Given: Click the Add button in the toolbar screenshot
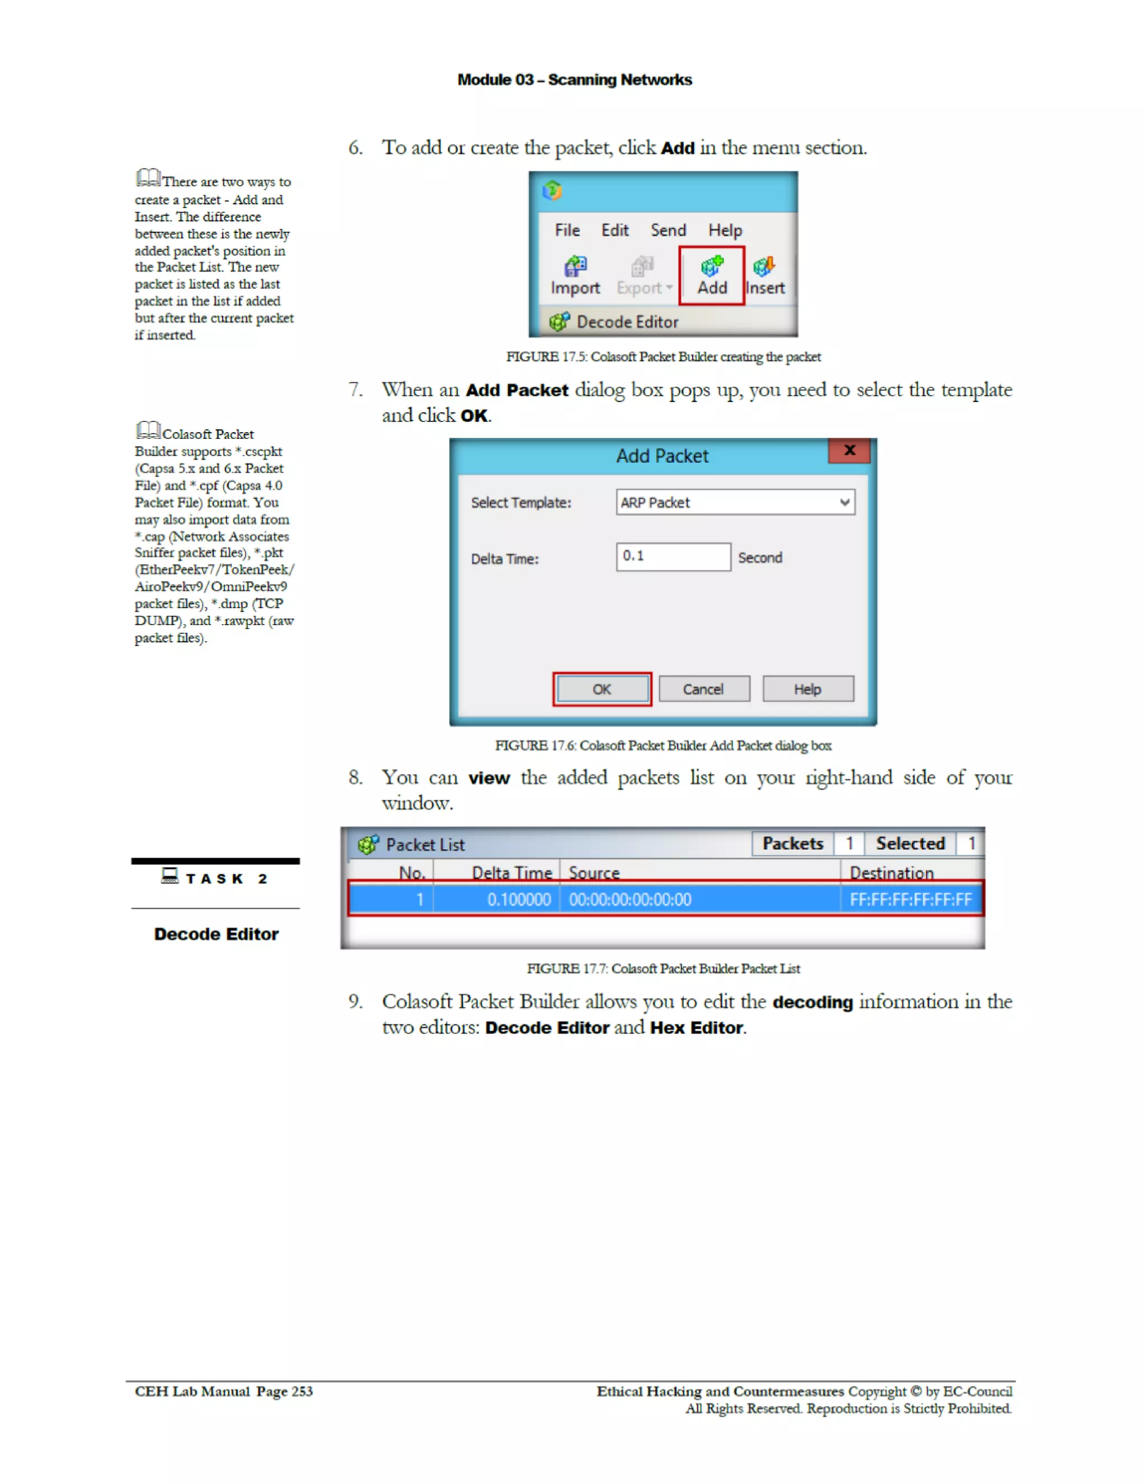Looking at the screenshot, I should pyautogui.click(x=711, y=276).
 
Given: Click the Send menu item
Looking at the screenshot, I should pyautogui.click(x=668, y=230).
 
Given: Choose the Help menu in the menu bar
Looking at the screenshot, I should pyautogui.click(x=725, y=230).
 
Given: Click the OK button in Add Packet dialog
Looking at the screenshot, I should pyautogui.click(x=602, y=689).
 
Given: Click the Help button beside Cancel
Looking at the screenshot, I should pyautogui.click(x=807, y=689).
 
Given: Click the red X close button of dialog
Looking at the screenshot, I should pyautogui.click(x=848, y=451).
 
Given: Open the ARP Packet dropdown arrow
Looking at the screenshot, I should pyautogui.click(x=844, y=503).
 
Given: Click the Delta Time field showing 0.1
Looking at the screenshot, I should pyautogui.click(x=673, y=556).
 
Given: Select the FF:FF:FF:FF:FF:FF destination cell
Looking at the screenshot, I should pyautogui.click(x=910, y=900).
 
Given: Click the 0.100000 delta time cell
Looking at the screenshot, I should pyautogui.click(x=518, y=900).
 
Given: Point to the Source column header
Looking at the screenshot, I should pyautogui.click(x=594, y=873).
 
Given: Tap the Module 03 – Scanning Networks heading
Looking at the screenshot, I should pyautogui.click(x=574, y=80).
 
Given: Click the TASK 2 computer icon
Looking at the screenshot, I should pyautogui.click(x=170, y=876).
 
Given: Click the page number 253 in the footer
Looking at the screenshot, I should pyautogui.click(x=302, y=1392).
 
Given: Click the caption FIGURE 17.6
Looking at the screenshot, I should pyautogui.click(x=663, y=746).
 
